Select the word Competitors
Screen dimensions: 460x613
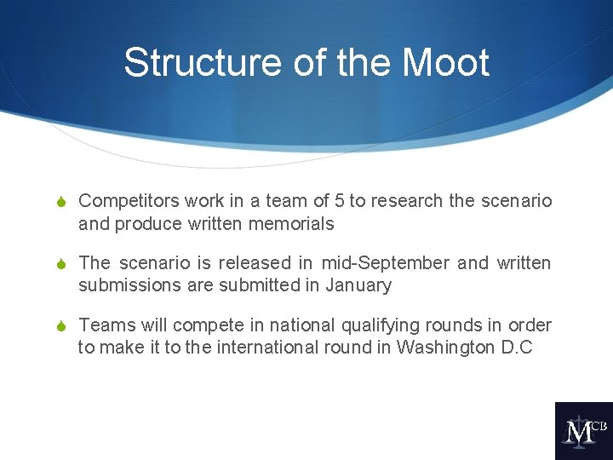[128, 201]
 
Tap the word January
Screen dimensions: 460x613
[358, 285]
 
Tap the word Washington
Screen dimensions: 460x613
[447, 348]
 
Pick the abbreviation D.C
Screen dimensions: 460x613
[518, 348]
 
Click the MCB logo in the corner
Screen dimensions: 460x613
[583, 431]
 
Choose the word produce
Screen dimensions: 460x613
[142, 224]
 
